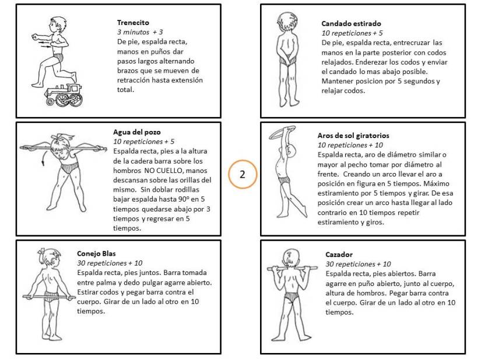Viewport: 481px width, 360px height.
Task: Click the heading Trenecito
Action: point(134,23)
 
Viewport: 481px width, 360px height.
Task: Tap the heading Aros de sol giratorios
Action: point(353,136)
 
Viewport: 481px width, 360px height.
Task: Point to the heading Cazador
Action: point(339,255)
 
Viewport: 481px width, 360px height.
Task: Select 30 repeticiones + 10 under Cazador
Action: point(358,264)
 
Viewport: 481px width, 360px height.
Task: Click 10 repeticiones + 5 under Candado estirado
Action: point(352,33)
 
